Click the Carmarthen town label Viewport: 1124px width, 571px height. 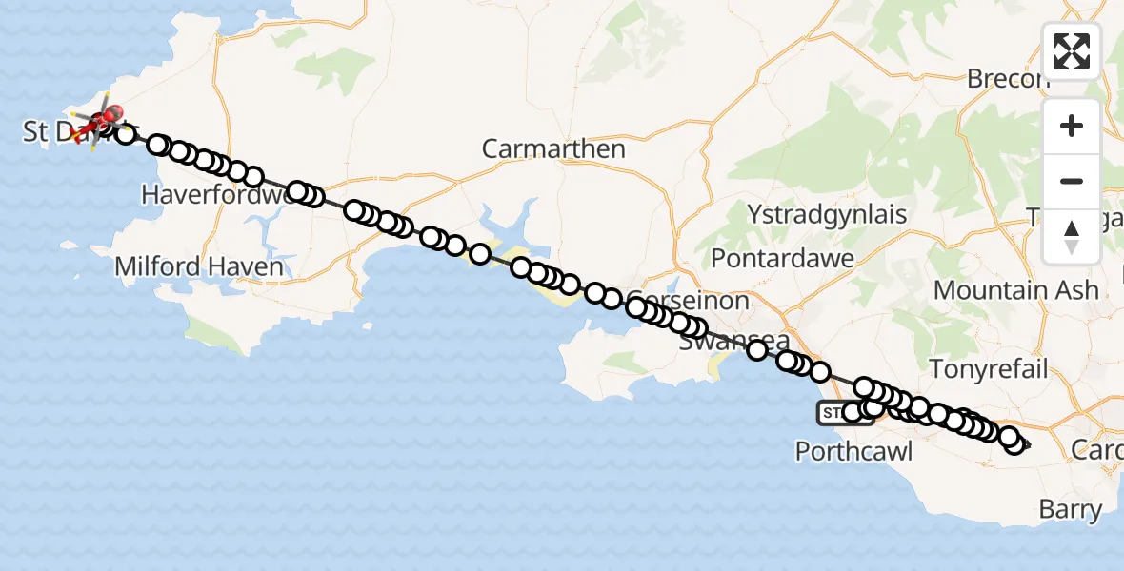[x=553, y=148]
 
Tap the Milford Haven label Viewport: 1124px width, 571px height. [x=199, y=266]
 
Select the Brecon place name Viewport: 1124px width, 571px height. [x=1008, y=78]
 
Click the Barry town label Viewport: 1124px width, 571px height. [x=1071, y=510]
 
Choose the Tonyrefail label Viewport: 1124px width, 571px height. [x=989, y=369]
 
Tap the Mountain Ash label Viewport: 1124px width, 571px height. [x=1015, y=289]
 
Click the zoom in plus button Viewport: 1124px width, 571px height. [x=1072, y=126]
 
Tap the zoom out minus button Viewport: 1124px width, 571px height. [x=1072, y=181]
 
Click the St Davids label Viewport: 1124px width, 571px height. [x=57, y=132]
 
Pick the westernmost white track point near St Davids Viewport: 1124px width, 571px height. [x=125, y=134]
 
